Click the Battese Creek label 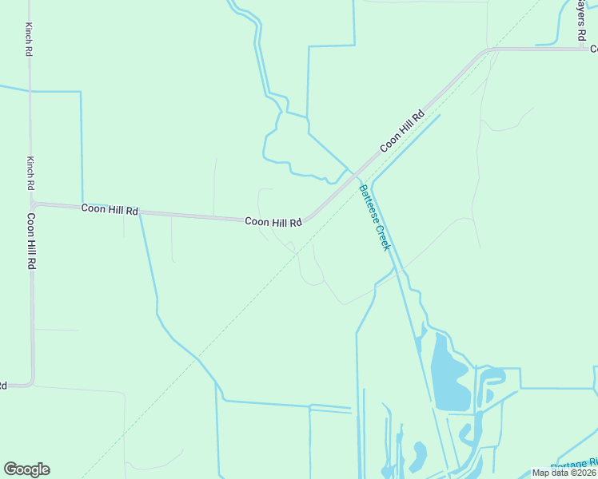pos(374,217)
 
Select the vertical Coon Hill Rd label pos(31,240)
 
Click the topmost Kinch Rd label pos(29,38)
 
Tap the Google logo pos(26,469)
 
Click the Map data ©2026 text pos(564,473)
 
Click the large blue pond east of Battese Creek pos(448,375)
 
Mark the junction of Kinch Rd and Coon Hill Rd pos(33,204)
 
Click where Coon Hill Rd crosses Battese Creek pos(357,175)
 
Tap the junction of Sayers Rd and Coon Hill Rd pos(582,49)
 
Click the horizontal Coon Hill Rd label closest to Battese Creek pos(273,222)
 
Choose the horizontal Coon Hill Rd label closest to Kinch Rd pos(110,210)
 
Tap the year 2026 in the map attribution pos(584,473)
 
